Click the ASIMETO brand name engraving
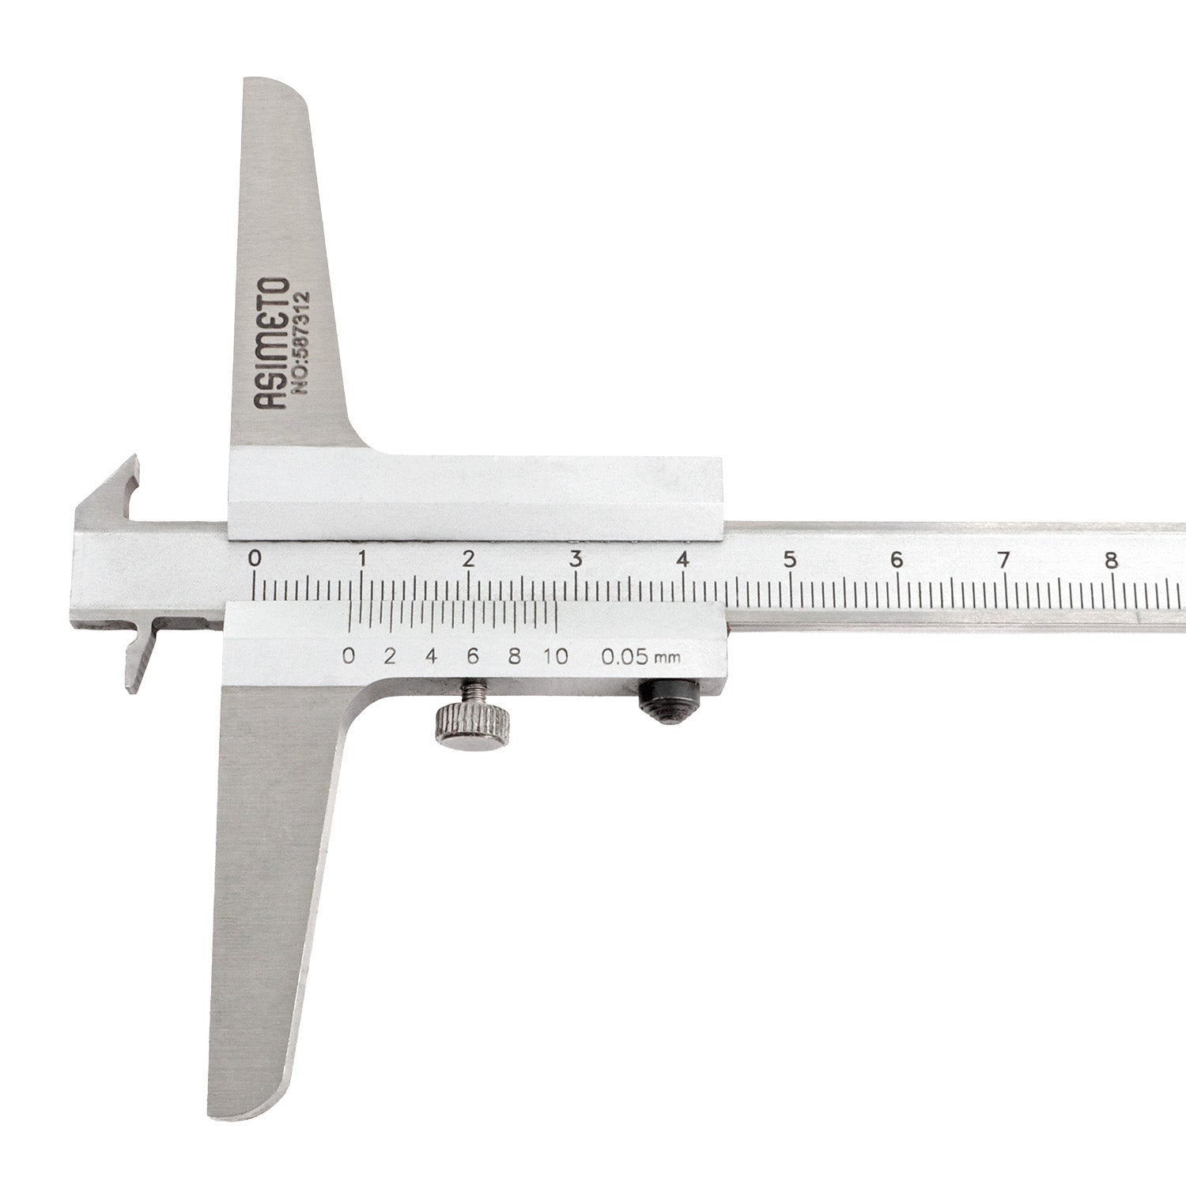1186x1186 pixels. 271,345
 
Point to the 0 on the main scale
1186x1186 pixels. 255,558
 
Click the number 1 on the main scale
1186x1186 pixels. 362,558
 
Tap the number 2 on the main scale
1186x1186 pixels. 469,558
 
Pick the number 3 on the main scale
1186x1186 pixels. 576,558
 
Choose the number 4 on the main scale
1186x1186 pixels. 683,559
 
